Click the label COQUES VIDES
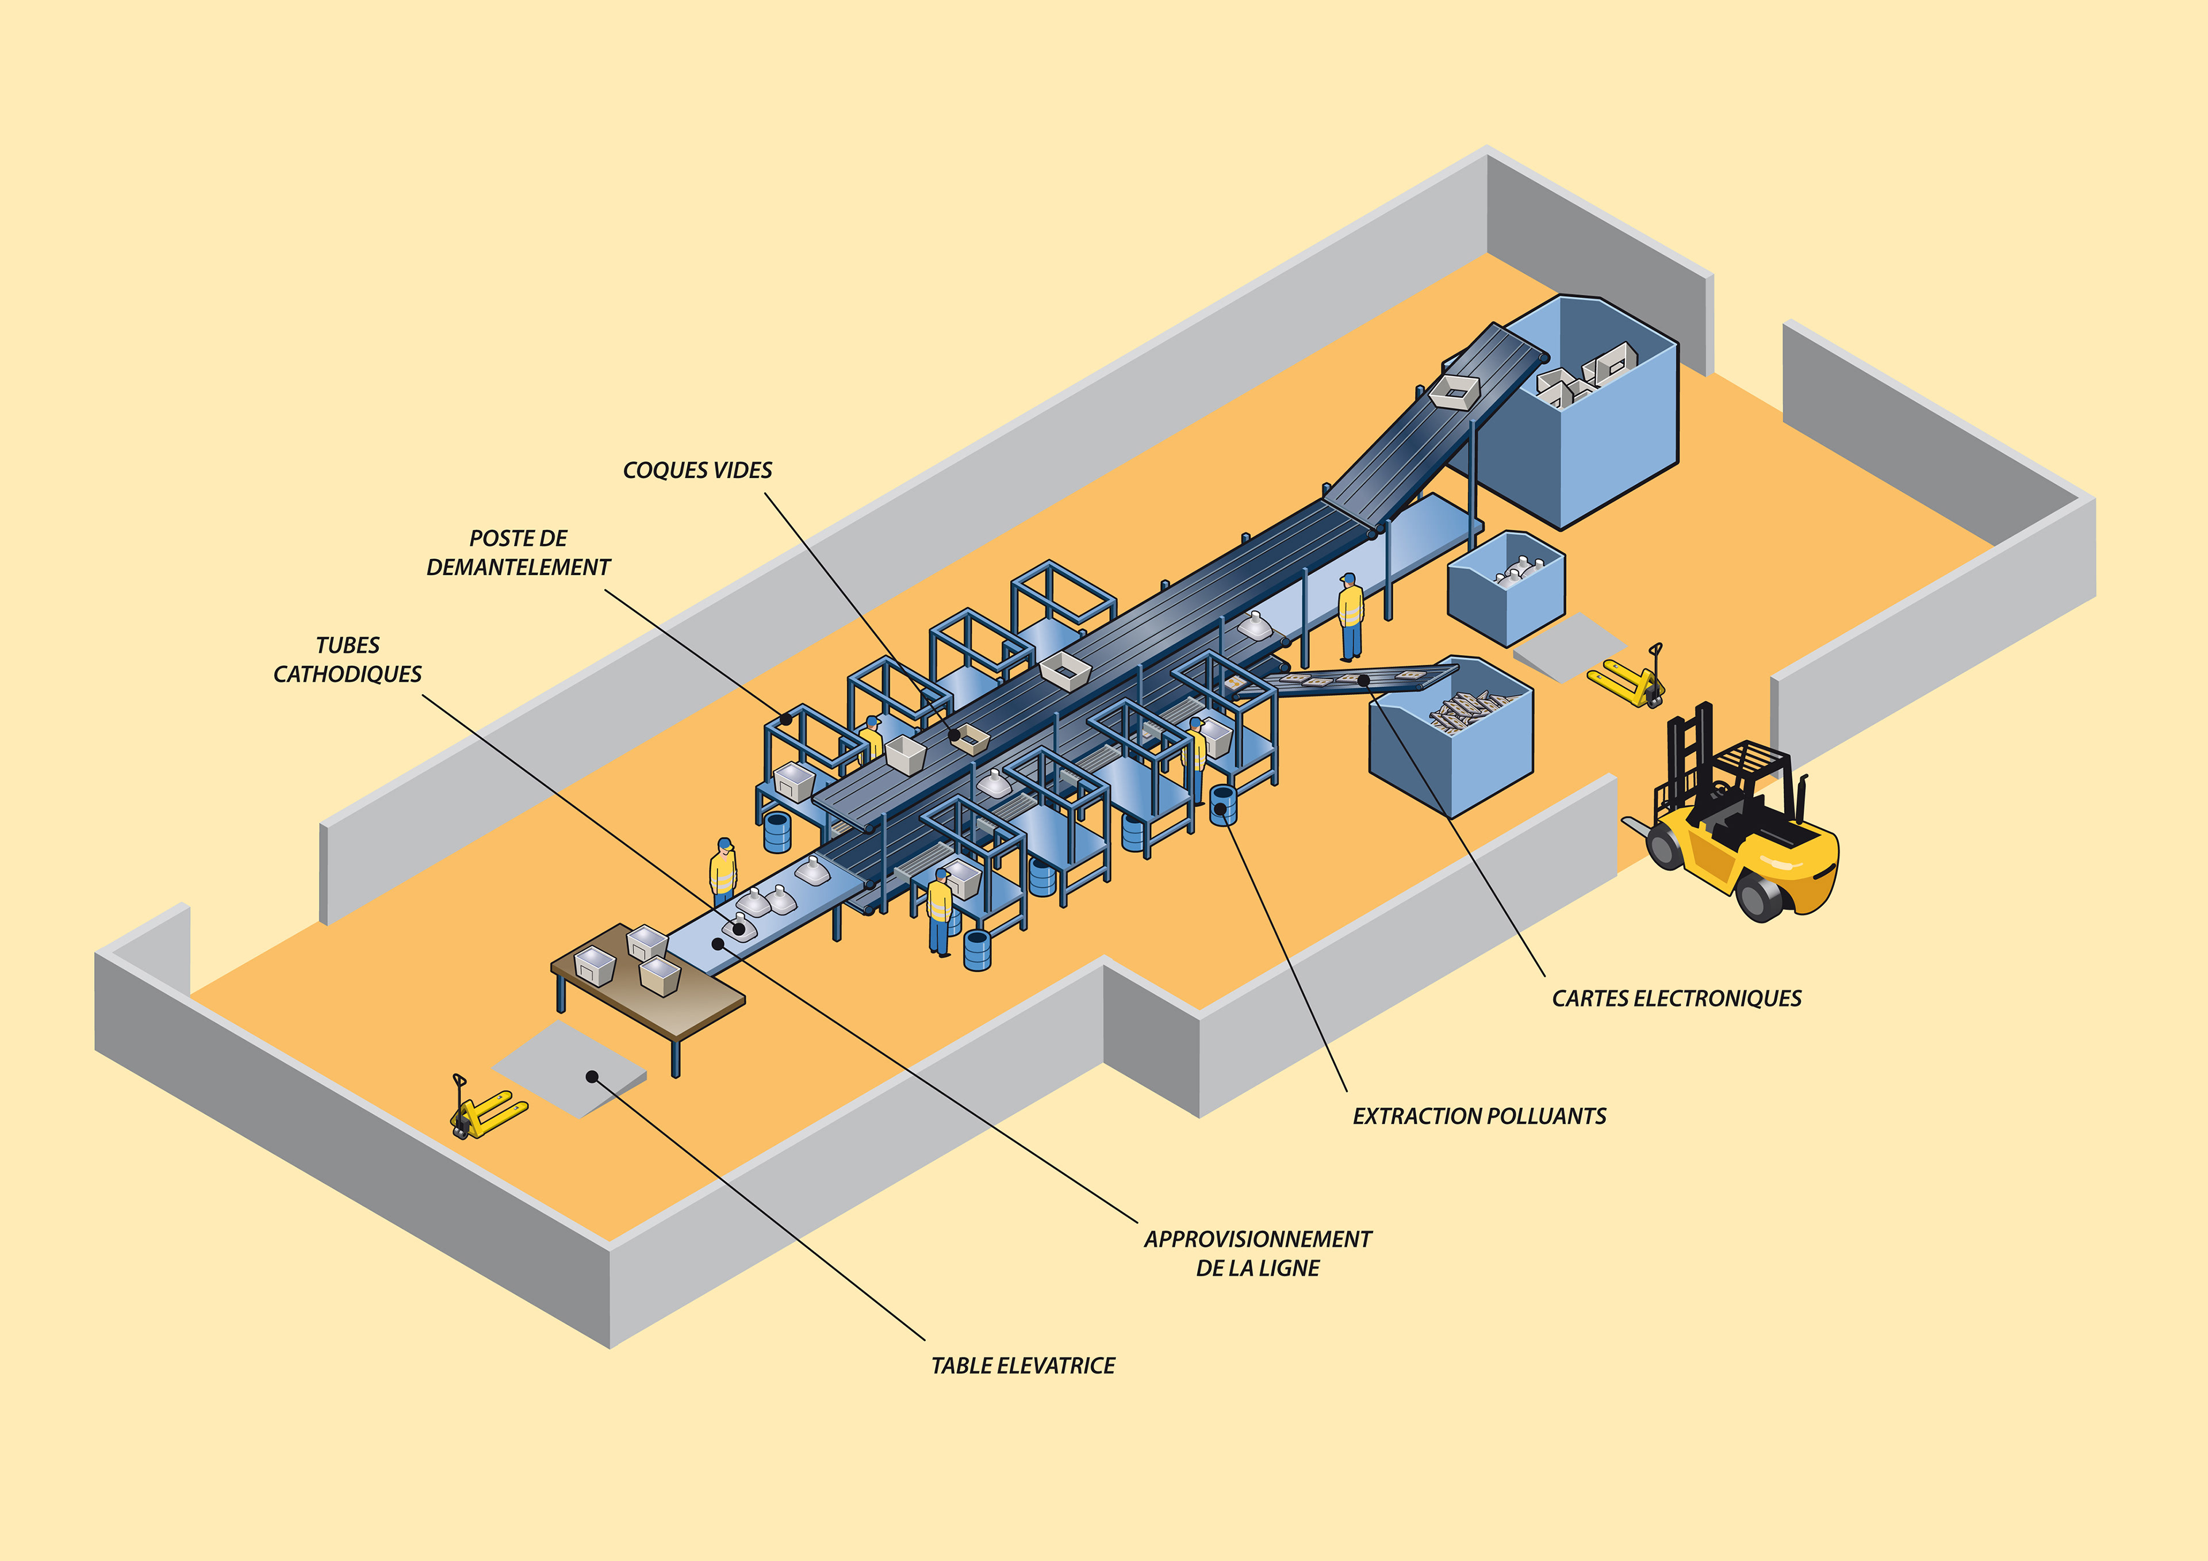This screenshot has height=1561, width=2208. point(697,470)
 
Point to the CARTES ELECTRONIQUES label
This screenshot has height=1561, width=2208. point(1676,998)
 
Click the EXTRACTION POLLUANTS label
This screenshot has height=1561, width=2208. point(1479,1116)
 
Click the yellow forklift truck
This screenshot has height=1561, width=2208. point(1741,827)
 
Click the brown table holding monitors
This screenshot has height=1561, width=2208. point(649,1000)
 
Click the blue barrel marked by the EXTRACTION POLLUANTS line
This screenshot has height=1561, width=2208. point(1222,805)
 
